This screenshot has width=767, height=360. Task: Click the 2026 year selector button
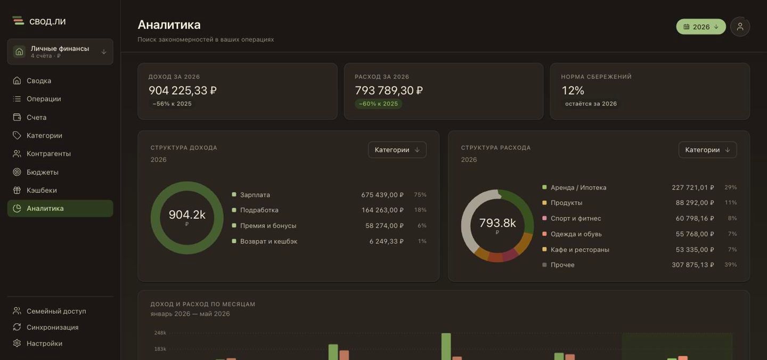pyautogui.click(x=700, y=27)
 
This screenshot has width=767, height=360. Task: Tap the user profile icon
pyautogui.click(x=740, y=27)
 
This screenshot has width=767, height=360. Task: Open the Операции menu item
pyautogui.click(x=44, y=99)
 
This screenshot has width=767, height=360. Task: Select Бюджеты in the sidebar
pyautogui.click(x=43, y=172)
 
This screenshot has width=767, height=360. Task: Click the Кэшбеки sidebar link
pyautogui.click(x=42, y=190)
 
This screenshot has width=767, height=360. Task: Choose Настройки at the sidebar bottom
pyautogui.click(x=45, y=343)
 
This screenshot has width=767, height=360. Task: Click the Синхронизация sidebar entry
pyautogui.click(x=52, y=327)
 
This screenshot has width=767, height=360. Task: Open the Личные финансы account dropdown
pyautogui.click(x=60, y=52)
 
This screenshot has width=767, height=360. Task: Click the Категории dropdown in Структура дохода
pyautogui.click(x=397, y=150)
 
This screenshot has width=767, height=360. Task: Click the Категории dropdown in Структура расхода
pyautogui.click(x=707, y=150)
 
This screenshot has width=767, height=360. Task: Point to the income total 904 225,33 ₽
pyautogui.click(x=183, y=91)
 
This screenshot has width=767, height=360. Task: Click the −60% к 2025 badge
pyautogui.click(x=378, y=104)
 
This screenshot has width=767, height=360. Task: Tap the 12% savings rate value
pyautogui.click(x=573, y=91)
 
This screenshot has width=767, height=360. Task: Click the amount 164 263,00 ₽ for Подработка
pyautogui.click(x=382, y=210)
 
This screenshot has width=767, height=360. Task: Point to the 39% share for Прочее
pyautogui.click(x=730, y=265)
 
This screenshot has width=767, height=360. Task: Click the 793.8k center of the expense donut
pyautogui.click(x=497, y=223)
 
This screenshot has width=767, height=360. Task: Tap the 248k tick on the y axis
pyautogui.click(x=160, y=333)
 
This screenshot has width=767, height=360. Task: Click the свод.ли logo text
pyautogui.click(x=47, y=21)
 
